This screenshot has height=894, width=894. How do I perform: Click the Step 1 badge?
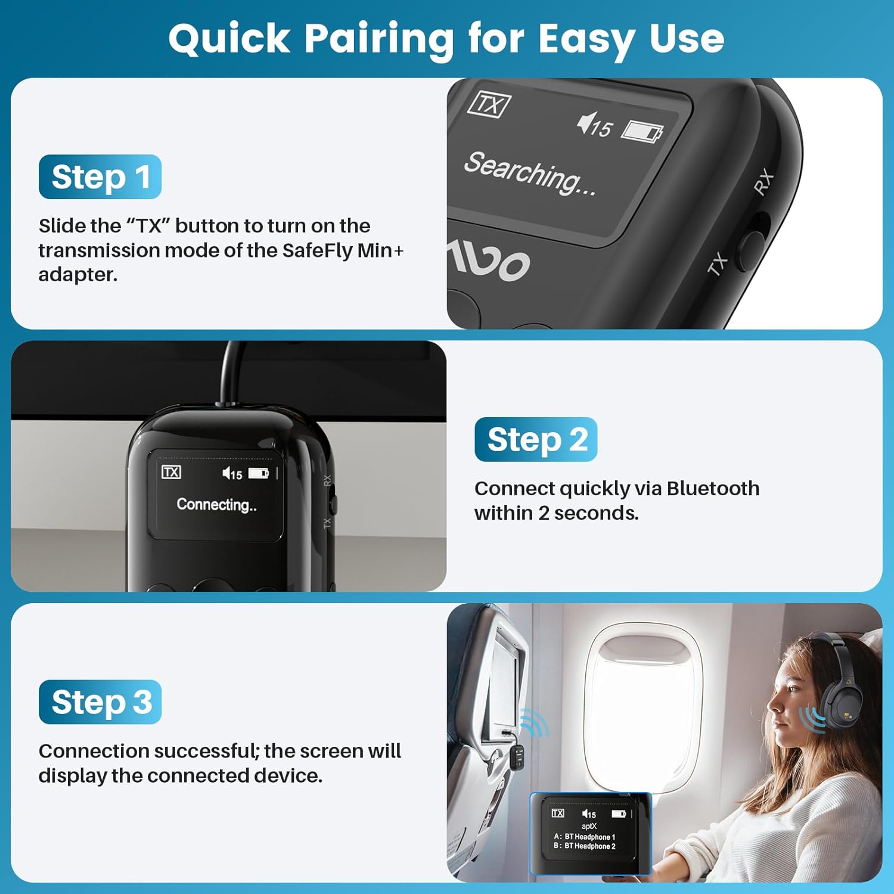(x=100, y=177)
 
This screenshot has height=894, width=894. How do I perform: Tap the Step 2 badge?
(x=536, y=440)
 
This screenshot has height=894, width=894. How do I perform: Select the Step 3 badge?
(x=100, y=702)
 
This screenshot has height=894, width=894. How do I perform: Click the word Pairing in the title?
(x=379, y=39)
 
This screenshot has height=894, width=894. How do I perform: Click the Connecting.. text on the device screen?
(x=216, y=505)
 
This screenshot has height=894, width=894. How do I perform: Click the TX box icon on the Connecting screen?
(x=171, y=472)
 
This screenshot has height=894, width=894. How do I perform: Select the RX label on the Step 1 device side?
(x=763, y=182)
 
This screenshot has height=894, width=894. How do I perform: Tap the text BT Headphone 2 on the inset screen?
(x=590, y=846)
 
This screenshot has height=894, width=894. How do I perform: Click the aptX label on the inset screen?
(x=589, y=826)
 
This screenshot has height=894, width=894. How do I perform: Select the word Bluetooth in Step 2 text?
(x=713, y=489)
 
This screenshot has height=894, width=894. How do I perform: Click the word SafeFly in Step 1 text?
(x=318, y=250)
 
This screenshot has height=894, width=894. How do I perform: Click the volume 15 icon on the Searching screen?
(x=594, y=125)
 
